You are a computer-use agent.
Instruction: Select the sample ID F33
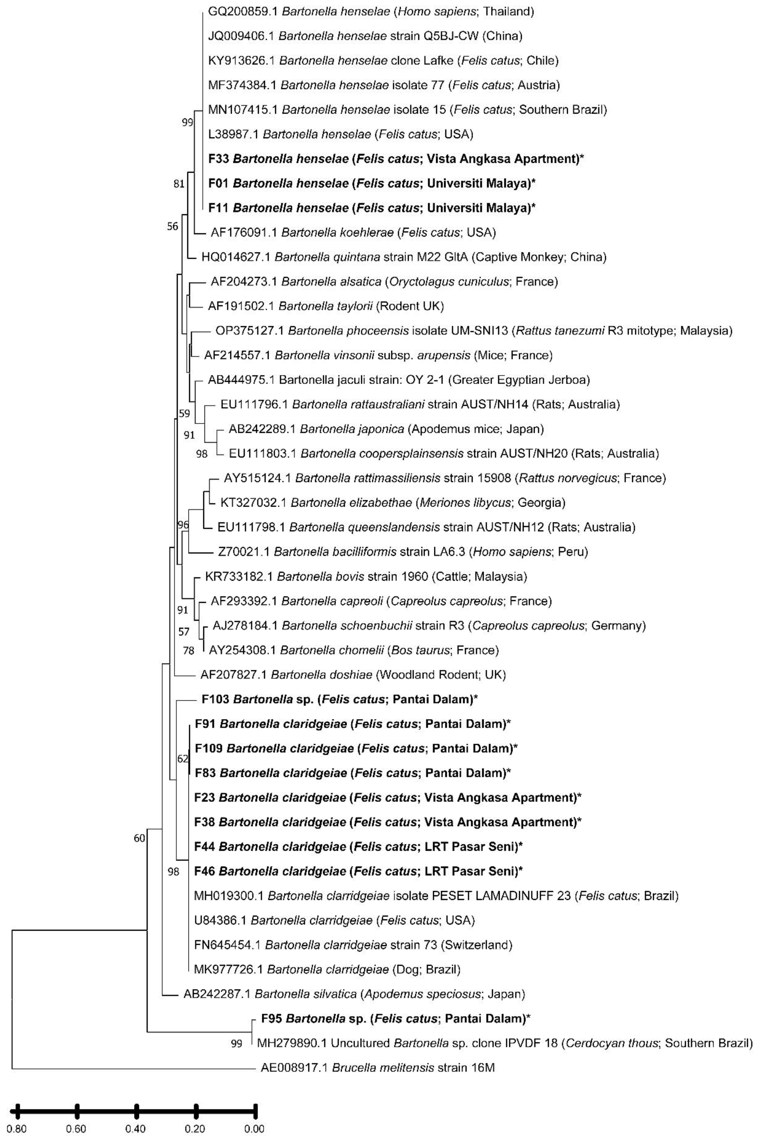pyautogui.click(x=218, y=158)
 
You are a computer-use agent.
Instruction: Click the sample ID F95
pyautogui.click(x=271, y=1018)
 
